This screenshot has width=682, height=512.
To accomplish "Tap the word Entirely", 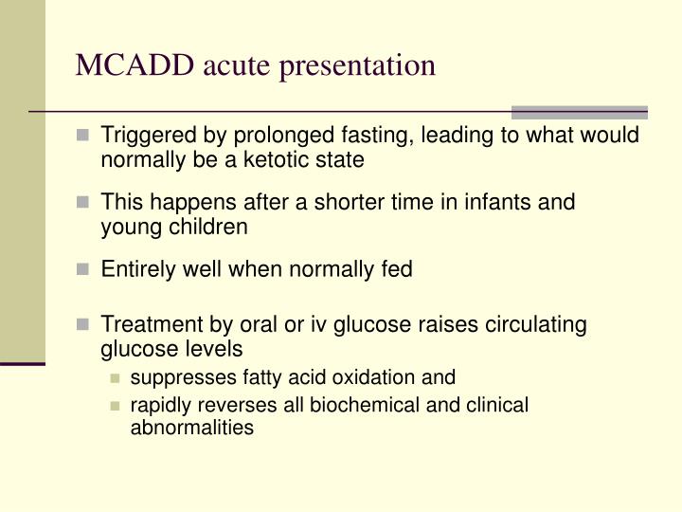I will coord(137,270).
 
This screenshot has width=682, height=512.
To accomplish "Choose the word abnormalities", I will coord(191,427).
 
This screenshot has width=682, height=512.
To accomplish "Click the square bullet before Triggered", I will coord(83,136).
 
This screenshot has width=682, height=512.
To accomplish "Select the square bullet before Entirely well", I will coord(83,270).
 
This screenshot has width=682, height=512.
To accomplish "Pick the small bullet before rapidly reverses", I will coord(115,406).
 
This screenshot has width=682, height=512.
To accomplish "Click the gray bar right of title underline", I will coord(579,112).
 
